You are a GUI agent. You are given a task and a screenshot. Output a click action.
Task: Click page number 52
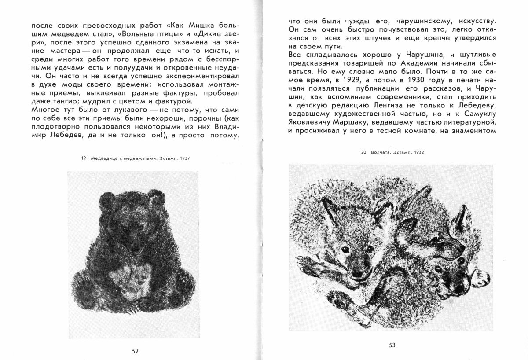[136, 351]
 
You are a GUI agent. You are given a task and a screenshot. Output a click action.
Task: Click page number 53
[392, 345]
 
